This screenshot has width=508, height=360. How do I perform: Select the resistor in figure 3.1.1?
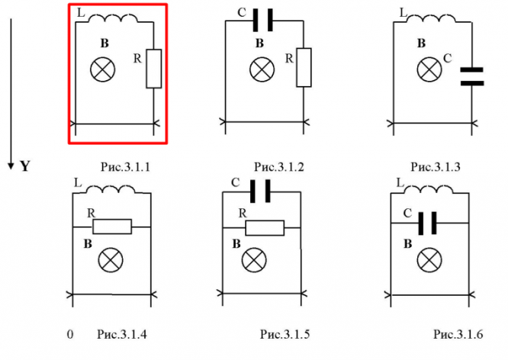154,68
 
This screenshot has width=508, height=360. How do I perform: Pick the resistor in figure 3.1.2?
304,67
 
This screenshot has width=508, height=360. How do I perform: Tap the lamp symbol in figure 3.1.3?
427,70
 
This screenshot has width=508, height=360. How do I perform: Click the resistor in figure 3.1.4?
112,227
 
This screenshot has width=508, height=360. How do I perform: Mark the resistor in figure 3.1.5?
264,227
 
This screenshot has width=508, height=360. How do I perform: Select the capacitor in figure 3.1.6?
429,223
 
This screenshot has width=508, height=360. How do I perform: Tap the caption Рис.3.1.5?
285,334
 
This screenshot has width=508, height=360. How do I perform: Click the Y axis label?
24,165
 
